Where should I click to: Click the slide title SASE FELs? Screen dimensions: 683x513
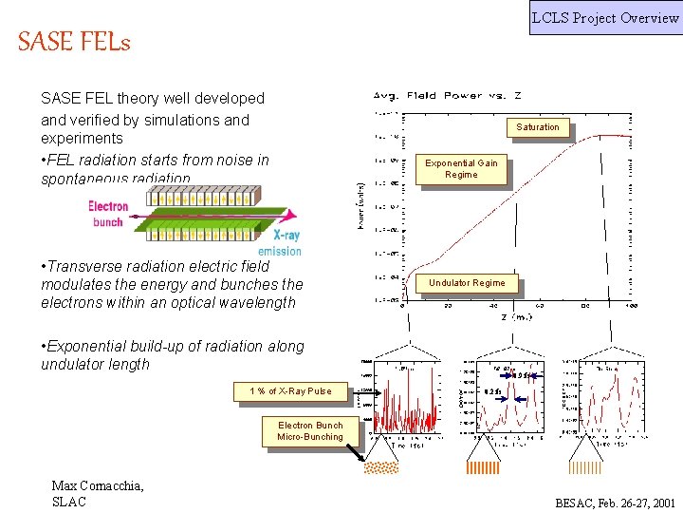click(x=74, y=43)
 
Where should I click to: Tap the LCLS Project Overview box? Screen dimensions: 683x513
click(x=605, y=17)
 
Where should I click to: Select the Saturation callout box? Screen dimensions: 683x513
click(x=538, y=127)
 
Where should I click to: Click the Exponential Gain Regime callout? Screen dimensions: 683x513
click(x=461, y=169)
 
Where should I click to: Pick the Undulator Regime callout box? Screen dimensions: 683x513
click(x=467, y=283)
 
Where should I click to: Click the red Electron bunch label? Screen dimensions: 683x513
click(x=108, y=214)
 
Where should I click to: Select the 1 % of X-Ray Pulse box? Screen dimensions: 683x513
click(x=290, y=391)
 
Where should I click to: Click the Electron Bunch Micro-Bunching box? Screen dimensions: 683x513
click(x=310, y=431)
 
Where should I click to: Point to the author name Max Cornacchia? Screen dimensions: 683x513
click(x=98, y=486)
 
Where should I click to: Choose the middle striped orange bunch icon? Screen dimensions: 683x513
click(x=483, y=467)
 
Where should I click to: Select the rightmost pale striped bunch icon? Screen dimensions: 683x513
click(x=583, y=467)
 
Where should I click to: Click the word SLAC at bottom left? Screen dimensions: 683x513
click(x=69, y=502)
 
